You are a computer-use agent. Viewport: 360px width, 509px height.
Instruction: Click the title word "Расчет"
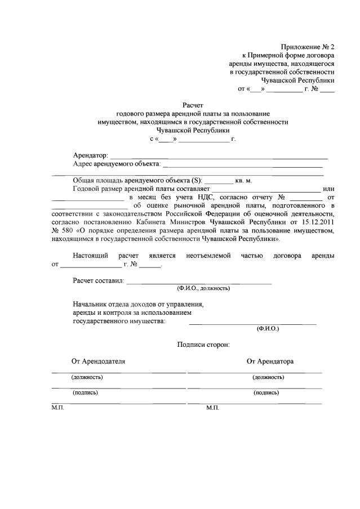[192, 105]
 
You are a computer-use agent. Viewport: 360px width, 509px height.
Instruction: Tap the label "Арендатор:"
[90, 155]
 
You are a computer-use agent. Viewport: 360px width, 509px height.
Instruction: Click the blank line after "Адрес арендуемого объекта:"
[242, 165]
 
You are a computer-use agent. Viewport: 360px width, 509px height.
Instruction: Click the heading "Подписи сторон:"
[203, 344]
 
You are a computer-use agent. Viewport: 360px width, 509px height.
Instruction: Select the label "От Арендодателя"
[98, 361]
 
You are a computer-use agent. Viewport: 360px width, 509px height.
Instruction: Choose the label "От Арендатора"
[270, 361]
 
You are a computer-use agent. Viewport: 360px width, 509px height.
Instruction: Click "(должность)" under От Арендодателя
[87, 377]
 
